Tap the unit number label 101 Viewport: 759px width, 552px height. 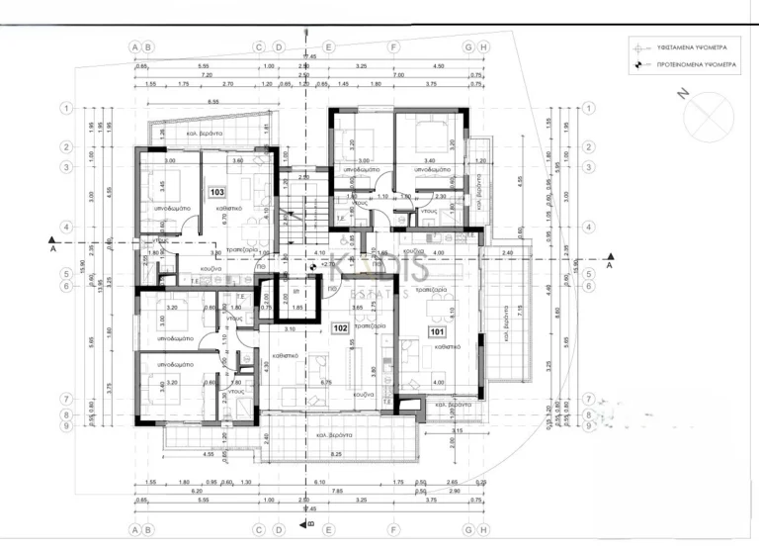[x=436, y=333]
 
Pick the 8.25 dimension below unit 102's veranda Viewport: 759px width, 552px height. [x=336, y=453]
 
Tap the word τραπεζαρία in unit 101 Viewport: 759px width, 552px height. [x=428, y=290]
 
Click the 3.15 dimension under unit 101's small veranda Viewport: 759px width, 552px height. [x=457, y=430]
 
